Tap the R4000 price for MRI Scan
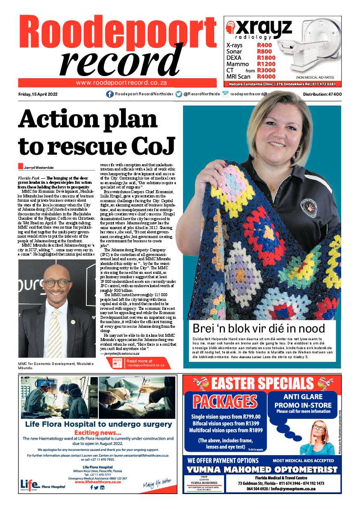(266, 76)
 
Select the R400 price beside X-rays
(264, 45)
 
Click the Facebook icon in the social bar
(110, 94)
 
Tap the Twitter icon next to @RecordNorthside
(179, 94)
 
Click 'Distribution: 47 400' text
(322, 94)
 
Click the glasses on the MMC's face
(57, 282)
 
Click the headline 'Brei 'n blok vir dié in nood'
(259, 328)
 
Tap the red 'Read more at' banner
(139, 363)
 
